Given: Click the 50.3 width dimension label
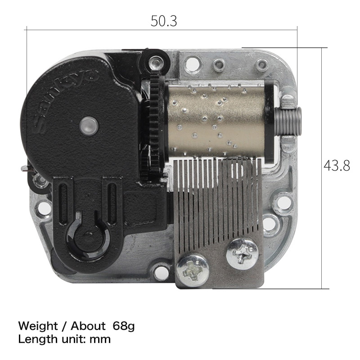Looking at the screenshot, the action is pos(164,21).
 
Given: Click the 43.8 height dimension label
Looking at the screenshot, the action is pos(337,166).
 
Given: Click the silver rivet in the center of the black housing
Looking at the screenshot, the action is pos(89,126).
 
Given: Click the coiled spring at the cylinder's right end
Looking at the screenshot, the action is pos(289,121).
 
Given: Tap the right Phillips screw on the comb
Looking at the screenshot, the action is pos(243,254).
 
